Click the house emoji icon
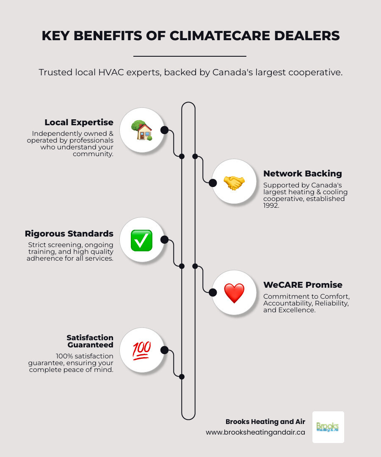tap(141, 130)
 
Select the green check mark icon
tap(141, 240)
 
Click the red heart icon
tap(234, 293)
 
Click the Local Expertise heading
tap(79, 122)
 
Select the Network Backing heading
tap(302, 173)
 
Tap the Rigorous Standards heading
tap(69, 234)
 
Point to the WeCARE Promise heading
tap(303, 285)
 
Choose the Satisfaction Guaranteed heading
tap(90, 341)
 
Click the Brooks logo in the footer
tap(328, 427)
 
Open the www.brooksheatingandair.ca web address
tap(255, 432)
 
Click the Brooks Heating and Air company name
tap(265, 422)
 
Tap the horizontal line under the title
tap(190, 56)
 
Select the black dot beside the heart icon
tap(213, 292)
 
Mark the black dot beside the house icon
tap(164, 130)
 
